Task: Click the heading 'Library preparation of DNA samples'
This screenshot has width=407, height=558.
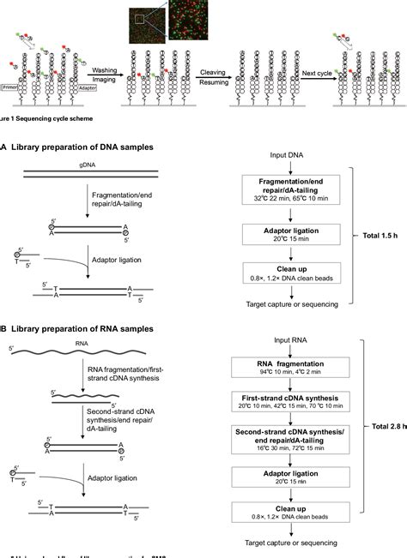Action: [x=82, y=147]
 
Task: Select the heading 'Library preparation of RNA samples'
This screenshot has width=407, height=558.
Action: [x=82, y=329]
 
